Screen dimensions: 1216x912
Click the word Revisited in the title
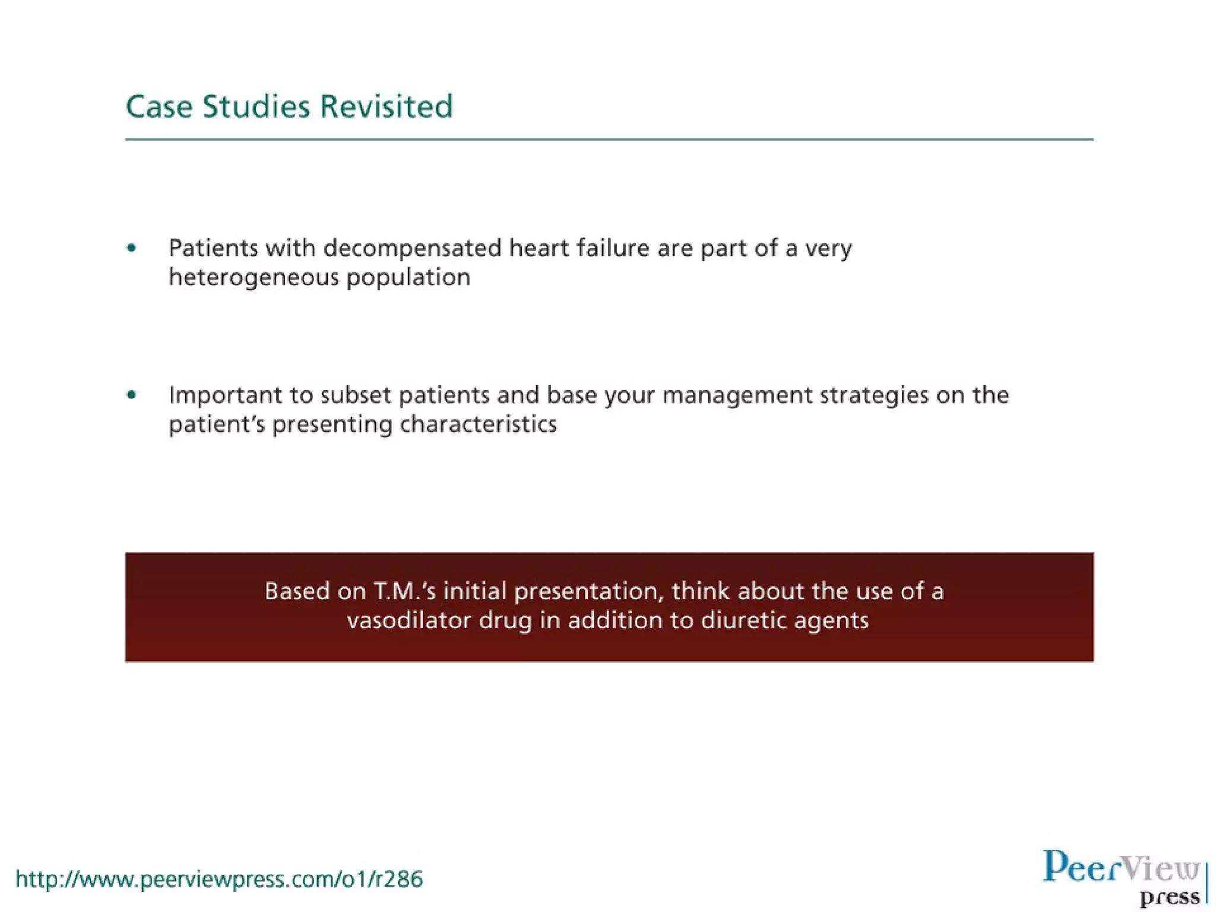[x=386, y=107]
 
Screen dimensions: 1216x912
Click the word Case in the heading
[x=159, y=107]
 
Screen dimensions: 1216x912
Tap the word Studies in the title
[x=256, y=107]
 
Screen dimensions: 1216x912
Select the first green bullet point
[x=132, y=248]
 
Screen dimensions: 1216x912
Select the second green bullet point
[x=132, y=395]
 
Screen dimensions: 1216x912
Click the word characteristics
[x=478, y=425]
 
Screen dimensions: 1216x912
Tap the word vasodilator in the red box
[x=408, y=620]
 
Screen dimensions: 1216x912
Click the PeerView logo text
[x=1121, y=867]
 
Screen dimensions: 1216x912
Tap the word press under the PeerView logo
[x=1170, y=897]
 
